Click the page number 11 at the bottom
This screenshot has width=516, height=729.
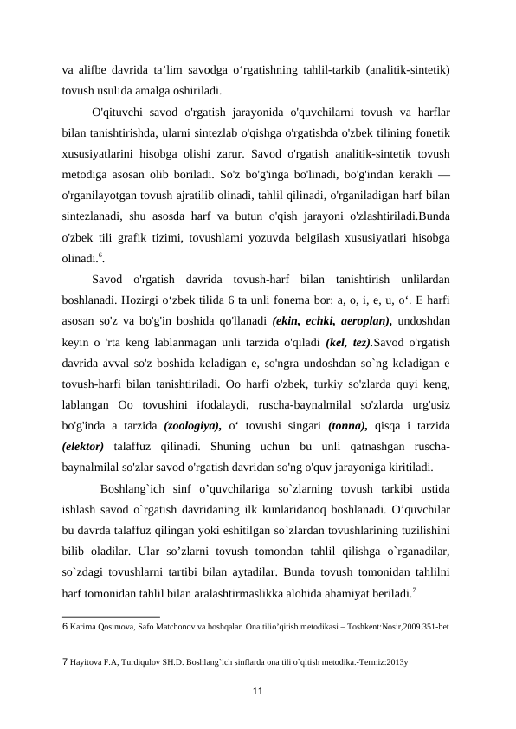pos(257,689)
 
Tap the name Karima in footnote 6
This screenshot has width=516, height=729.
pos(84,624)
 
